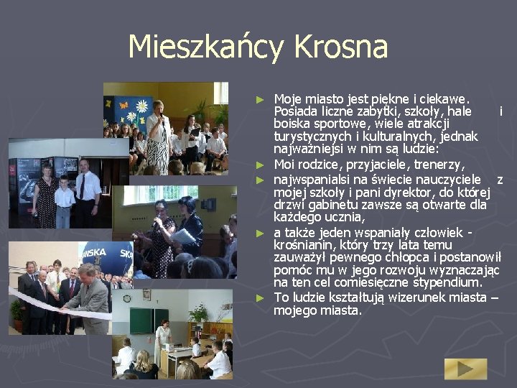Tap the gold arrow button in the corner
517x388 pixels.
[x=465, y=369]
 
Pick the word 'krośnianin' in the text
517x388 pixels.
[x=302, y=246]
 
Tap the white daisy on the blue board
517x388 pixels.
[x=141, y=106]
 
